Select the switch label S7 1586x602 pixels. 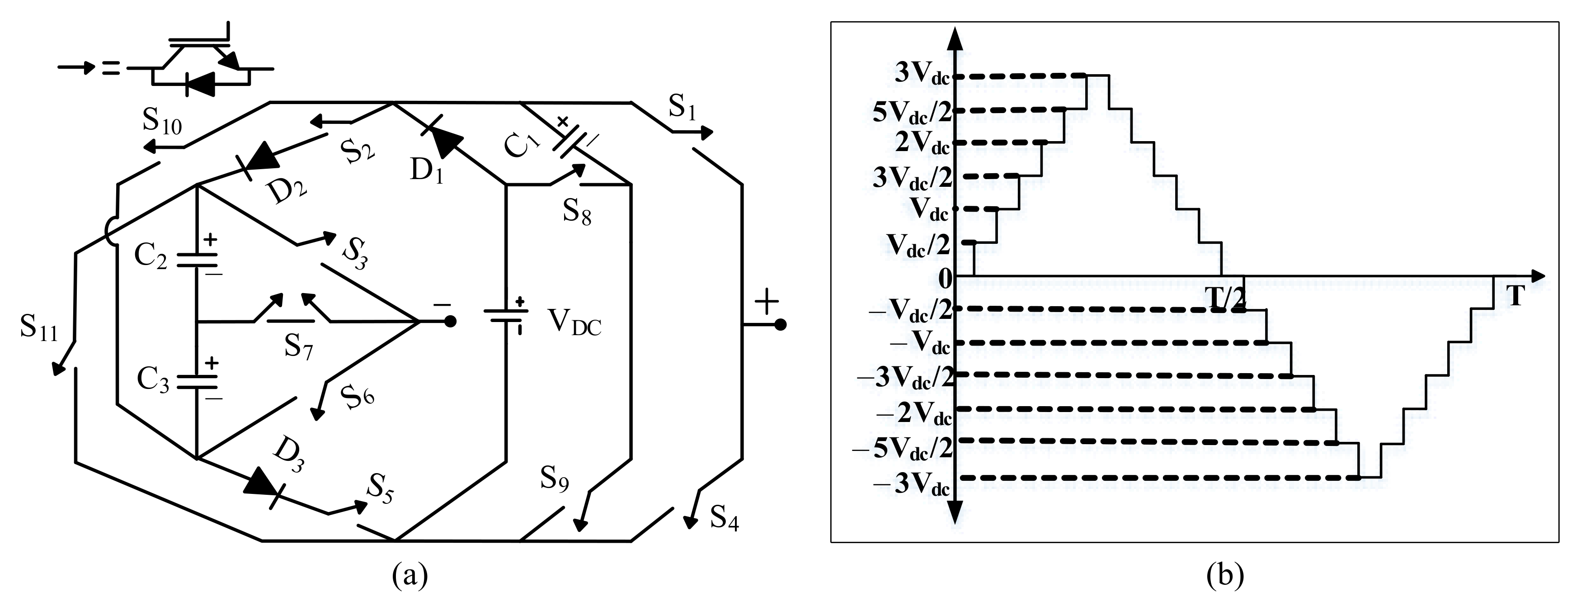[299, 347]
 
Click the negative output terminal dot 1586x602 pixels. [450, 321]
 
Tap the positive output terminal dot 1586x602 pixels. [780, 325]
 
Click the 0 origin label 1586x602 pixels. [945, 279]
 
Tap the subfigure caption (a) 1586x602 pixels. [410, 576]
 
